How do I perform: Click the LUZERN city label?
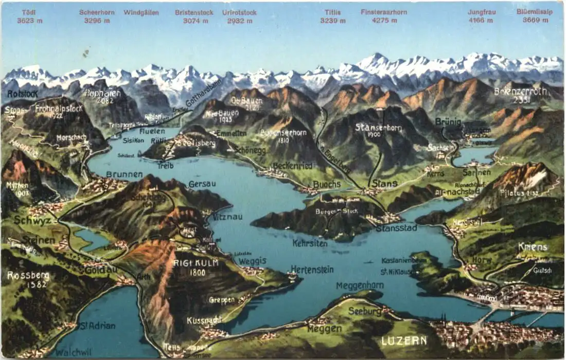coord(404,340)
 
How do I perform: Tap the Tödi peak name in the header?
coord(30,12)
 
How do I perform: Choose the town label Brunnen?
coord(124,174)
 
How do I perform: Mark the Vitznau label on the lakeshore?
coord(227,217)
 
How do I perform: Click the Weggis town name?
coord(252,261)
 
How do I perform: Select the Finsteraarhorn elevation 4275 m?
coord(384,21)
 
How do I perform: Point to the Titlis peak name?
coord(332,12)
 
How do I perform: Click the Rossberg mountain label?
coord(28,276)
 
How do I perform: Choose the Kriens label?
coord(533,247)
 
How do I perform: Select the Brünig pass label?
coord(447,122)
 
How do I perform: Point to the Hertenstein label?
coord(312,269)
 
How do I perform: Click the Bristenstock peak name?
coord(193,12)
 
